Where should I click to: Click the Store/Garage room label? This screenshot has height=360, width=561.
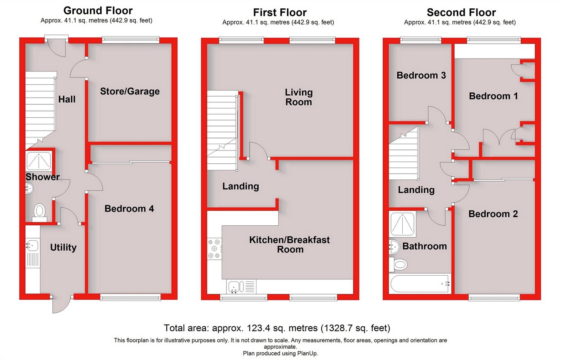tap(130, 91)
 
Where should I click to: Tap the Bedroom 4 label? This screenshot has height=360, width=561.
tap(129, 208)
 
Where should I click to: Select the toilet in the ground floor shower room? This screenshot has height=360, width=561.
tap(39, 210)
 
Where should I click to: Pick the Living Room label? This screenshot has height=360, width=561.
tap(299, 97)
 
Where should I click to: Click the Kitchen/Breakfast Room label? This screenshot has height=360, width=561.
tap(290, 244)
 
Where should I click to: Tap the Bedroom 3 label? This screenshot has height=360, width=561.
tap(421, 75)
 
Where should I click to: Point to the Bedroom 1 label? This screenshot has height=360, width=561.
tap(493, 96)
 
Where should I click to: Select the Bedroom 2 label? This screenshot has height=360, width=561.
tap(493, 214)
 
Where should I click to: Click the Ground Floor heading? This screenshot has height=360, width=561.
tap(98, 11)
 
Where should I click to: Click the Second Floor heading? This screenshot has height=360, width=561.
tap(461, 12)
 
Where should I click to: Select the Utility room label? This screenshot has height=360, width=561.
tap(63, 248)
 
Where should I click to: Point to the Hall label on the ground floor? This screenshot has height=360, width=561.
tap(67, 99)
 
